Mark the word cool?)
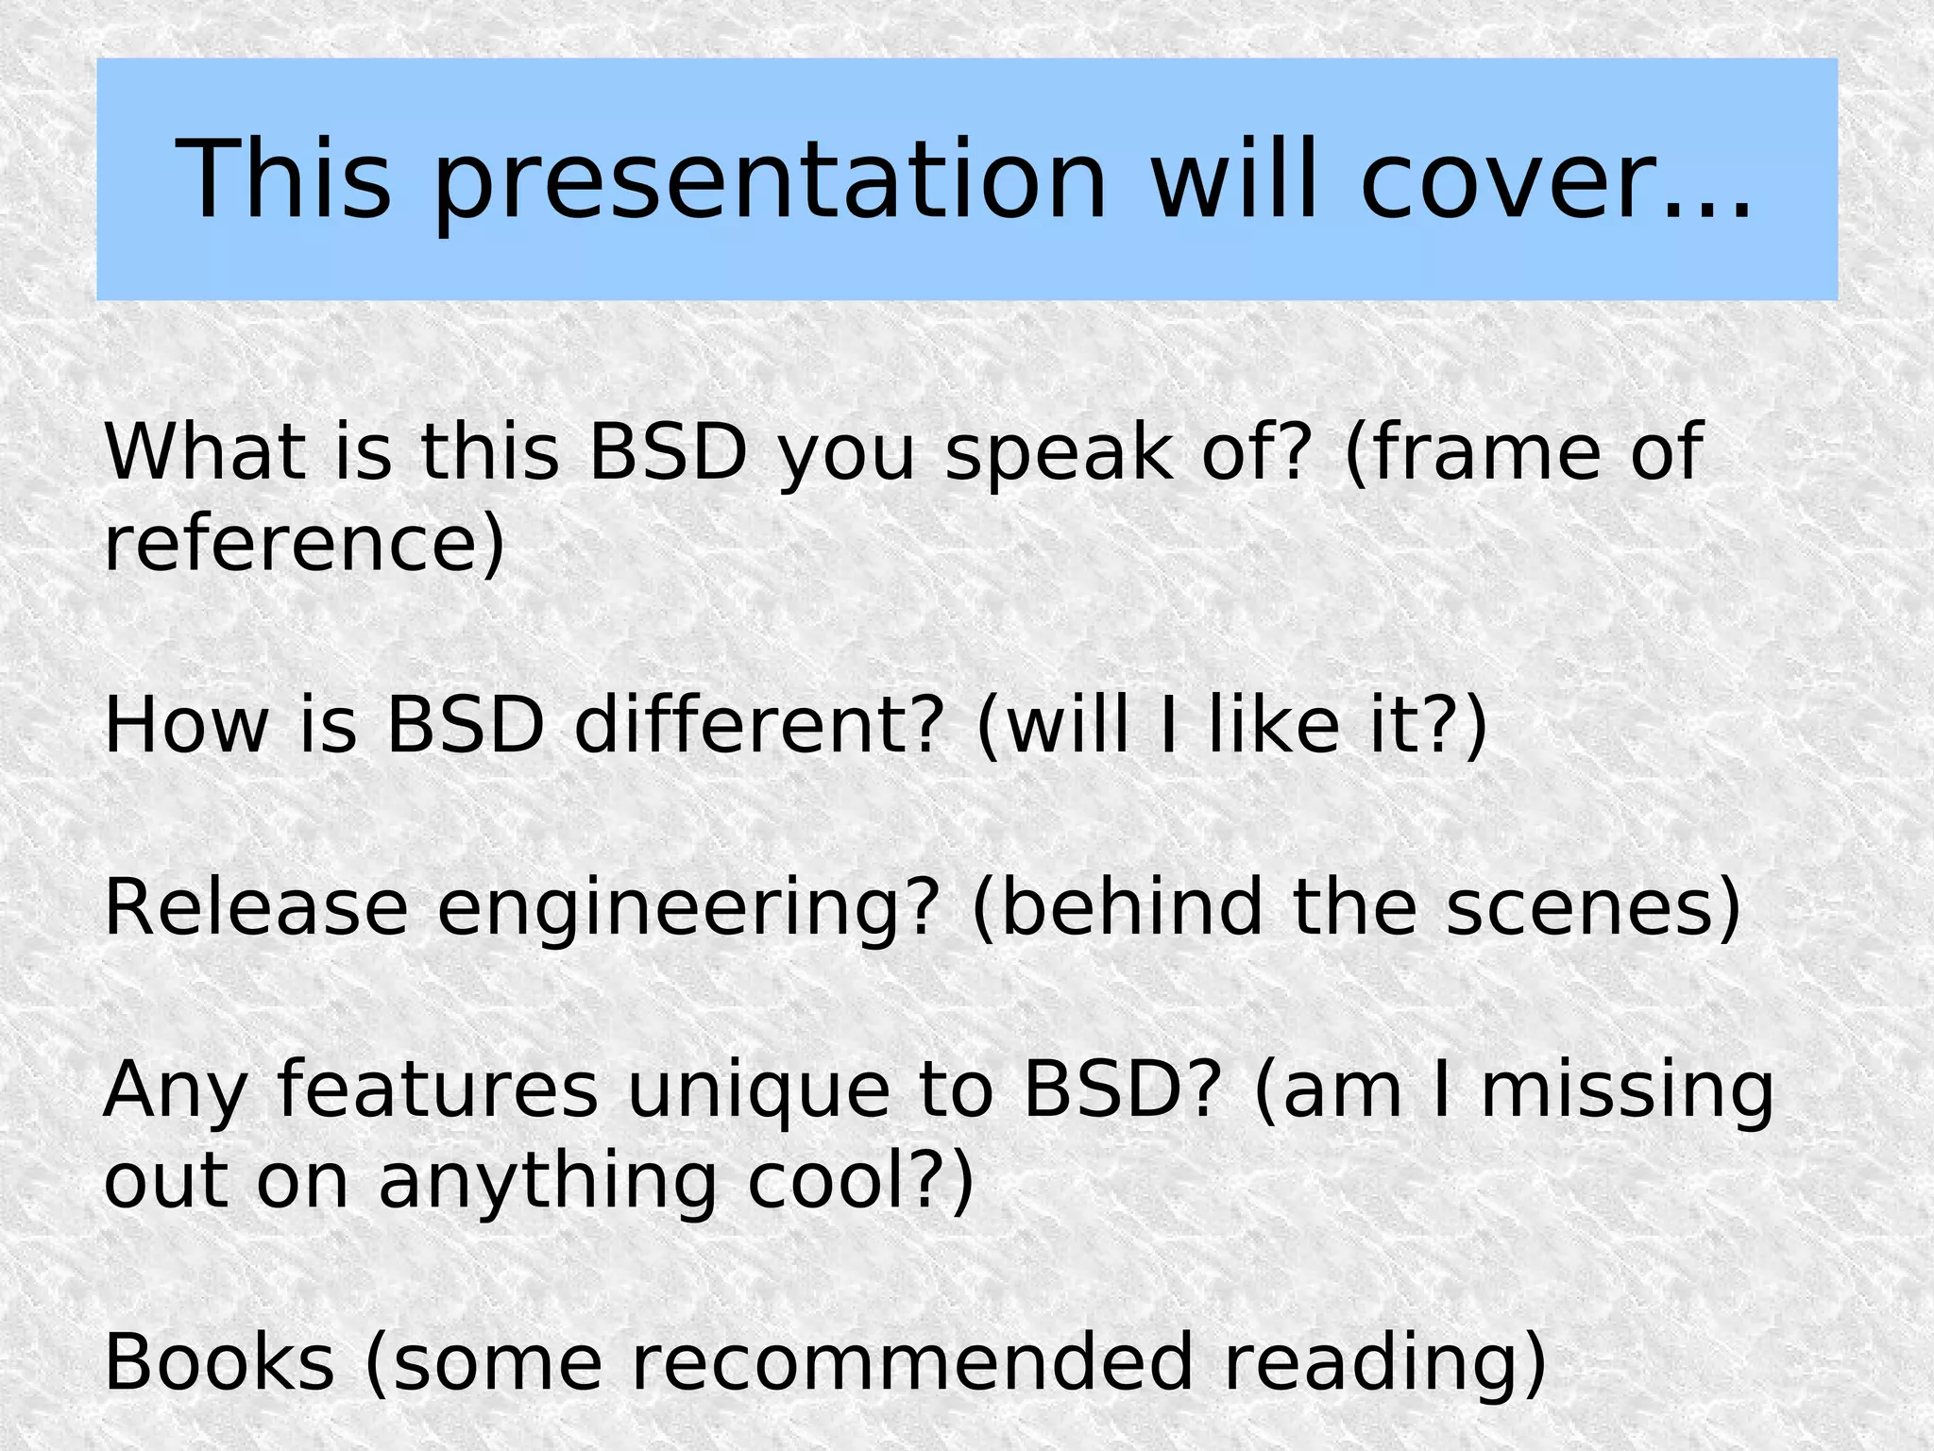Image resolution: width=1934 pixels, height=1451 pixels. coord(859,1180)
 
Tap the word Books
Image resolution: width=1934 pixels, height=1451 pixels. coord(219,1361)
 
